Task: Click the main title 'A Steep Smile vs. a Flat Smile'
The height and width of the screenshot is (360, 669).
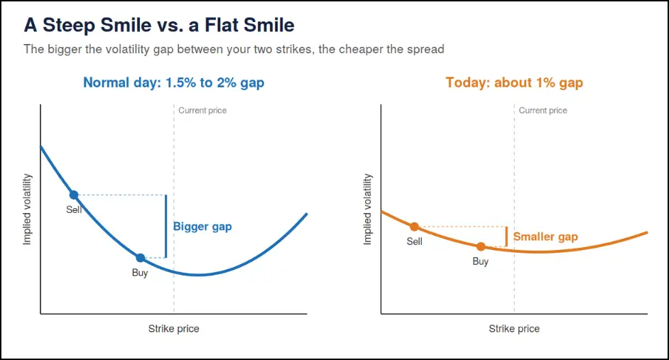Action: [x=159, y=25]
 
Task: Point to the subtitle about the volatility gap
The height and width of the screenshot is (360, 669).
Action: [x=234, y=50]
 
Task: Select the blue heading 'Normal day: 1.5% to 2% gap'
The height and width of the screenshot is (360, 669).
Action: [x=174, y=83]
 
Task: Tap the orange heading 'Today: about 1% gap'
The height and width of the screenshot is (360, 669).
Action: [x=514, y=83]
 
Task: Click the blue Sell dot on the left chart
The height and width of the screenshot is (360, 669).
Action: [x=74, y=195]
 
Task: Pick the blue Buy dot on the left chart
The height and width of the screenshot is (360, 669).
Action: [x=141, y=258]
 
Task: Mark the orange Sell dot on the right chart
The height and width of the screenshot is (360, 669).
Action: [x=414, y=227]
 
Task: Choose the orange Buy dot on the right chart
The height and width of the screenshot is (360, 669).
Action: [x=481, y=246]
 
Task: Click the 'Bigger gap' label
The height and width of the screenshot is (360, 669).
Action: [x=202, y=227]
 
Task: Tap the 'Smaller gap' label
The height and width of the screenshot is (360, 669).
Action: [x=545, y=236]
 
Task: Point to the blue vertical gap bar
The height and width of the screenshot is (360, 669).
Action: [x=166, y=226]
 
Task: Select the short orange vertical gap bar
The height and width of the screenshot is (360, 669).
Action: [x=506, y=236]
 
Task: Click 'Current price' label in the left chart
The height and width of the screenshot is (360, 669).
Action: [x=202, y=111]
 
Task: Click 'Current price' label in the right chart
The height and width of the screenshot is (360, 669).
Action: [x=543, y=111]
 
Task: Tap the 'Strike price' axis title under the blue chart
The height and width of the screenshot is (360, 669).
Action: [x=174, y=329]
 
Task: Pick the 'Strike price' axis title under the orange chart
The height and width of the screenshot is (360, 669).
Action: [x=514, y=329]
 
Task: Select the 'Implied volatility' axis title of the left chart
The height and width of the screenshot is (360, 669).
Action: [x=27, y=209]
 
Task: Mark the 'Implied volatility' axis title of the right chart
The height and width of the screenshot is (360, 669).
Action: [x=368, y=209]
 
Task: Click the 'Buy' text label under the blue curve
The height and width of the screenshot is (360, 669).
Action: [x=140, y=273]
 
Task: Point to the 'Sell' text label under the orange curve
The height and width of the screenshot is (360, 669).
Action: [x=414, y=241]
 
